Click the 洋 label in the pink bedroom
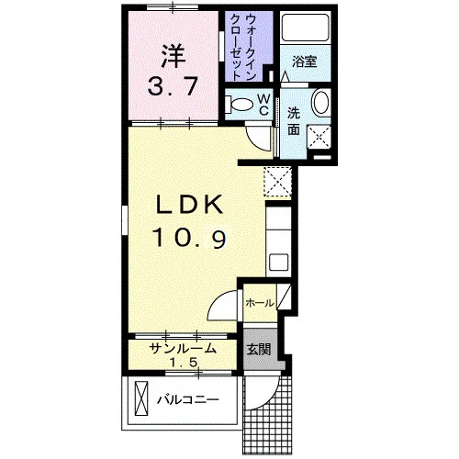tap(174, 56)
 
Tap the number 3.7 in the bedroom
tap(173, 86)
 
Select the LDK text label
tap(190, 205)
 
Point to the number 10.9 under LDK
tap(190, 238)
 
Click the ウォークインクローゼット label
tap(243, 47)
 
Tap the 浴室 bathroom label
tap(305, 62)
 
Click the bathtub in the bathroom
tap(305, 28)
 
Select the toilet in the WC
tap(239, 104)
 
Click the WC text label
tap(263, 105)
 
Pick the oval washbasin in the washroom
tap(320, 103)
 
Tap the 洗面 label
tap(294, 121)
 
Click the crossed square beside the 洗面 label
tap(319, 137)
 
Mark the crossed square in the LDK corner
tap(277, 182)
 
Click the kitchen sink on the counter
tap(278, 262)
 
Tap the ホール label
tap(260, 303)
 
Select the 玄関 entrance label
tap(259, 349)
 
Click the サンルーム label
tap(183, 348)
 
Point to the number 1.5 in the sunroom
tap(183, 363)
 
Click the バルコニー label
tap(188, 399)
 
